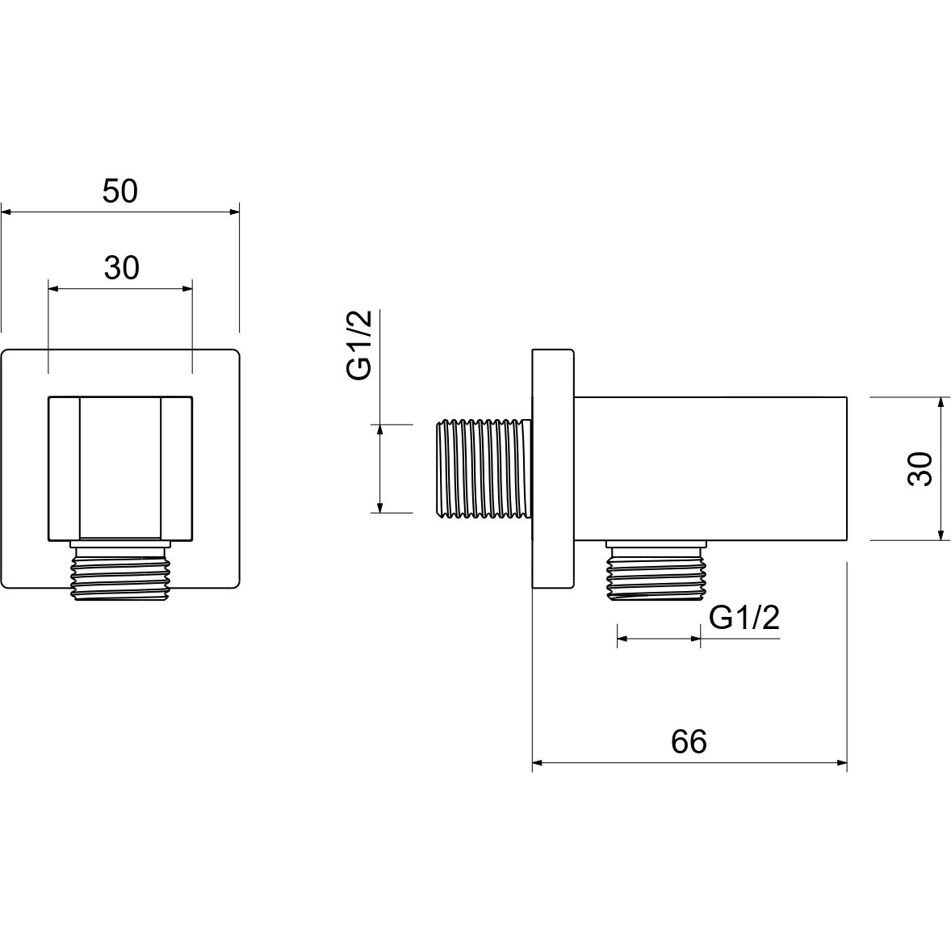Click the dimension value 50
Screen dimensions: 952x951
[x=120, y=191]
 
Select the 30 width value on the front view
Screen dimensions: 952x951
[x=121, y=267]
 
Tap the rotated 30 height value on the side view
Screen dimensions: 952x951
[x=920, y=468]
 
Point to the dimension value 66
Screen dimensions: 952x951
[x=689, y=741]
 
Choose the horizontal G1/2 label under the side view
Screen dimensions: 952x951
[x=744, y=619]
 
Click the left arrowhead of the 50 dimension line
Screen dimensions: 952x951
[x=6, y=212]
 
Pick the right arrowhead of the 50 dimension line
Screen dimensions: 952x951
[x=235, y=212]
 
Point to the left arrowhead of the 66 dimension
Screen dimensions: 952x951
[x=538, y=761]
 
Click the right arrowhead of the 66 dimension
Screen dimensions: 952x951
[x=841, y=761]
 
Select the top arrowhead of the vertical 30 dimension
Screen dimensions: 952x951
[x=941, y=402]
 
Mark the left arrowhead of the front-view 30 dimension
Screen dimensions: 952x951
[x=54, y=287]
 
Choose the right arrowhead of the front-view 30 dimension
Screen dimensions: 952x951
[x=187, y=287]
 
